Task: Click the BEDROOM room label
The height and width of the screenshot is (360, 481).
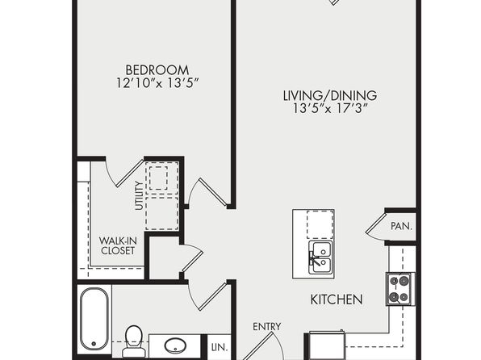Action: pos(157,70)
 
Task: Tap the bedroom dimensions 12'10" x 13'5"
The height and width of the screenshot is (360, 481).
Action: pos(158,83)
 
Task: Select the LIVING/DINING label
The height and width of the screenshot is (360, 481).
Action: pos(330,95)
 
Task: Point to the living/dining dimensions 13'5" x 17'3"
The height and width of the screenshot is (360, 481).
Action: pos(330,108)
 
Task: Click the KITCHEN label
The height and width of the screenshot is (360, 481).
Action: pos(337,299)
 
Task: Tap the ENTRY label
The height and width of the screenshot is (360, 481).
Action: pos(266,327)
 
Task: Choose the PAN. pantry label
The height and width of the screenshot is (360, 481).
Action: pos(401,226)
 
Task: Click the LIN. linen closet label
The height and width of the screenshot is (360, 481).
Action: pos(220,347)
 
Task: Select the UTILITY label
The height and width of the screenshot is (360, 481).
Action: pos(139,196)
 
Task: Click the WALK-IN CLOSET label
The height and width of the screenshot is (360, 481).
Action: pos(118,245)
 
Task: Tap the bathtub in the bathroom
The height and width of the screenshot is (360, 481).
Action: pos(94,319)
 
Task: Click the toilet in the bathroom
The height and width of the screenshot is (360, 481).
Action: pos(134,341)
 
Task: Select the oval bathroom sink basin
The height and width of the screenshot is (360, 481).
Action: pos(175,345)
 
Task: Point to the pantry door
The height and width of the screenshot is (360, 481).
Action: pos(376,225)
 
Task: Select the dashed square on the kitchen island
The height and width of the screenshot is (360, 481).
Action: pos(320,224)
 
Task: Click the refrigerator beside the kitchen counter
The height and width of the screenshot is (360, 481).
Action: pos(327,346)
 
